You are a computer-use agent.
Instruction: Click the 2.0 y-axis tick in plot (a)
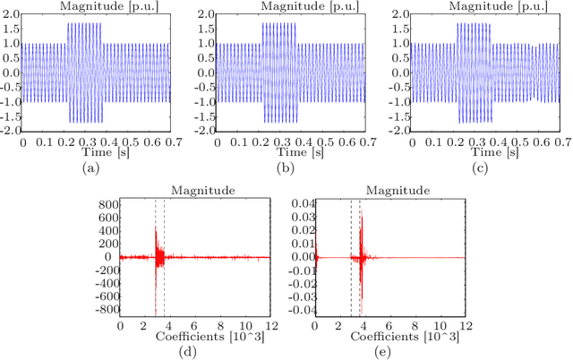point(11,16)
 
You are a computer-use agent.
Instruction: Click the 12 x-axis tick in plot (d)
point(270,324)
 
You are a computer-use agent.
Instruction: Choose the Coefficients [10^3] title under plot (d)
point(195,336)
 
